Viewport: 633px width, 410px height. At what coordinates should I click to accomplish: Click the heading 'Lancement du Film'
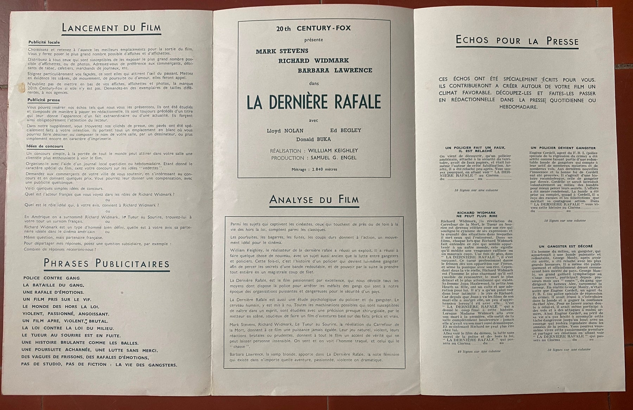pos(111,28)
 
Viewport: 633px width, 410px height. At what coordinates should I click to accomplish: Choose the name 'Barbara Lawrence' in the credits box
pos(335,70)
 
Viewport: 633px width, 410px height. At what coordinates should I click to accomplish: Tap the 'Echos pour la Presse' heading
pos(517,41)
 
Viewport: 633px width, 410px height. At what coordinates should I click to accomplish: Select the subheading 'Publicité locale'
pos(44,43)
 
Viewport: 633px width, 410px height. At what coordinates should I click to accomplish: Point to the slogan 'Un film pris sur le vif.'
pos(57,299)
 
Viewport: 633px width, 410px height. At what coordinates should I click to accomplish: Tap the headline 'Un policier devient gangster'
pos(558,148)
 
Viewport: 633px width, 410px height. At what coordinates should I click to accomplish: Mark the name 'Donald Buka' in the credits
pos(313,139)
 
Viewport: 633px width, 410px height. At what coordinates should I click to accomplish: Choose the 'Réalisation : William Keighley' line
pos(314,150)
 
